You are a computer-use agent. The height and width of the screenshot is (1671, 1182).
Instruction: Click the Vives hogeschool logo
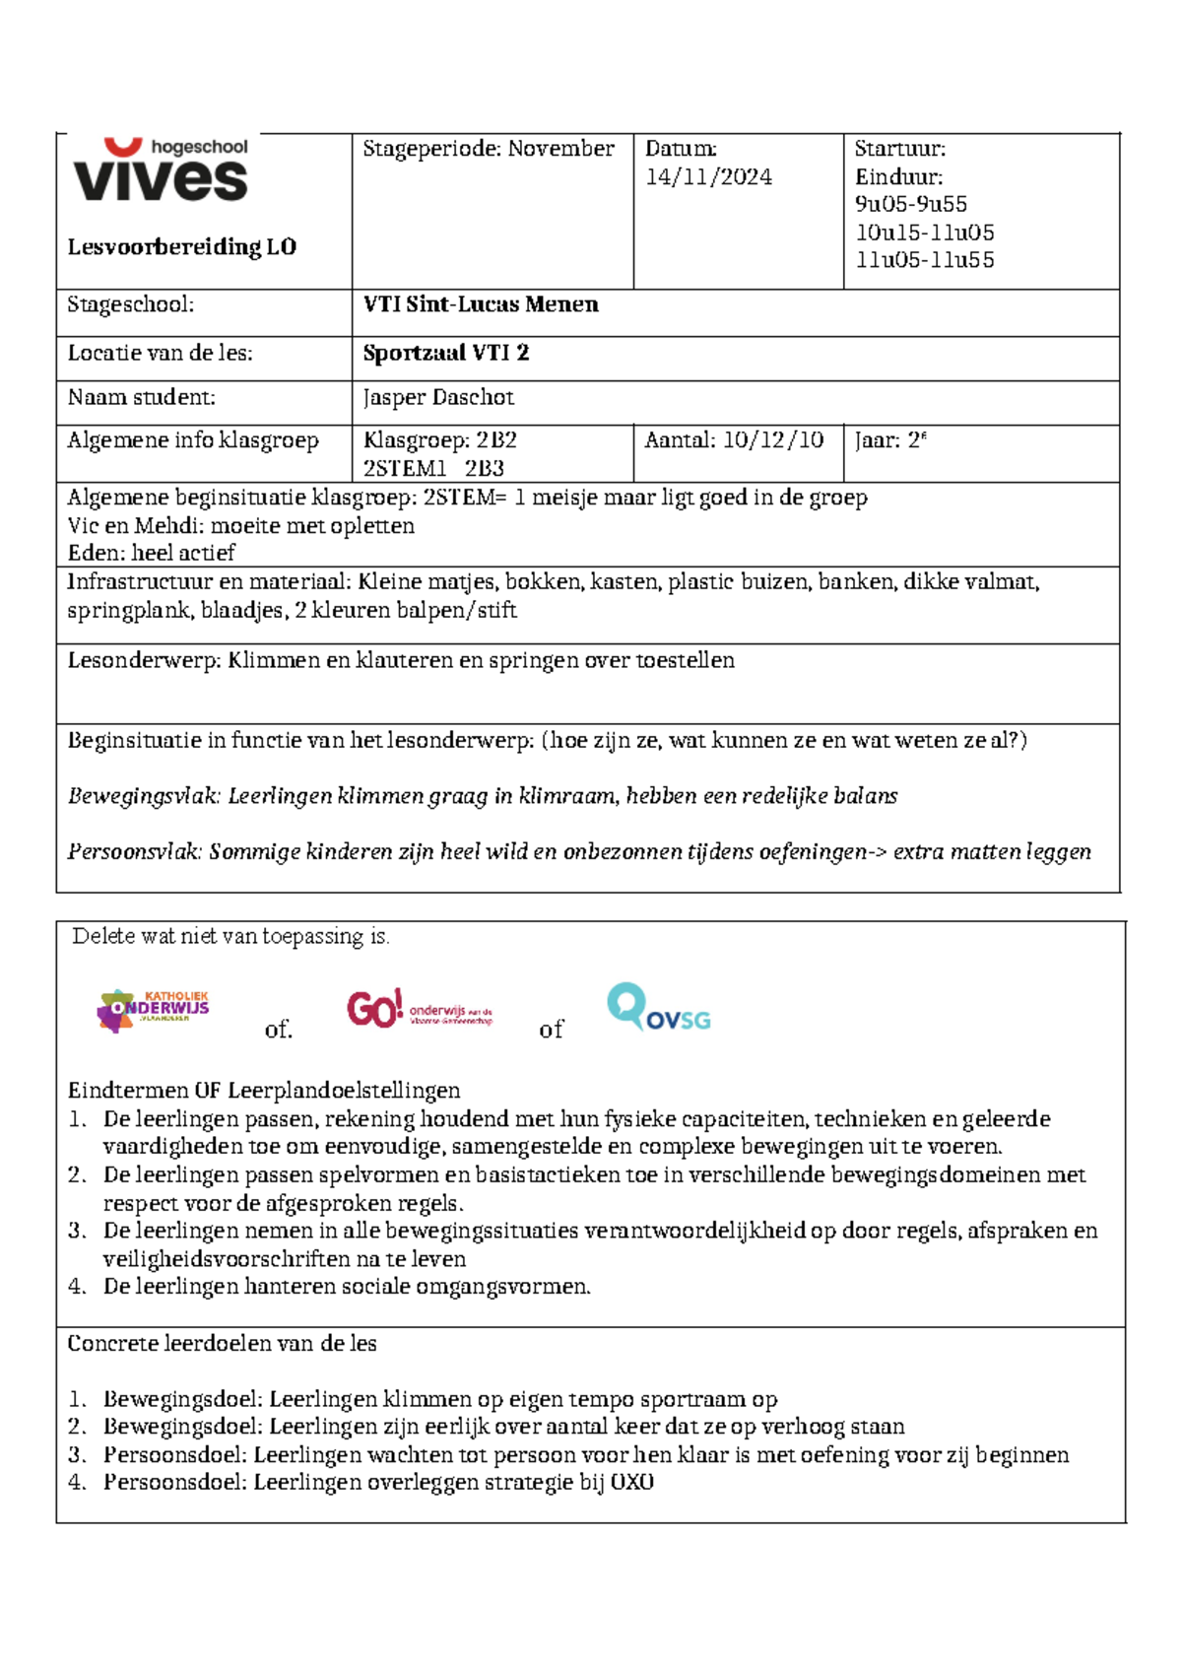161,170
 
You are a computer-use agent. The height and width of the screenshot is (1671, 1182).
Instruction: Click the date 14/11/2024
708,177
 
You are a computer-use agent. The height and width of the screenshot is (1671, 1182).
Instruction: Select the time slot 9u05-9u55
911,205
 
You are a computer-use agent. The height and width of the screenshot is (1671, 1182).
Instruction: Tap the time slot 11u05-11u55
925,261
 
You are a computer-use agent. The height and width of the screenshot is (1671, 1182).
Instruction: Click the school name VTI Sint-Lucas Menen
481,304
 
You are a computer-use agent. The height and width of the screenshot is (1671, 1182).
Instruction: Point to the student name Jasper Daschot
438,398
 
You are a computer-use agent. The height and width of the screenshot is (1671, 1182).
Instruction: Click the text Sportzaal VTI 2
445,354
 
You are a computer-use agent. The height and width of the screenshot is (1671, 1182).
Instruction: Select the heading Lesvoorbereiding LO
181,247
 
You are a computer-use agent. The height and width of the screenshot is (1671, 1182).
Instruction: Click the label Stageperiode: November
489,150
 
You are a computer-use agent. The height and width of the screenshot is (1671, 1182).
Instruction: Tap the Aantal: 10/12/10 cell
734,440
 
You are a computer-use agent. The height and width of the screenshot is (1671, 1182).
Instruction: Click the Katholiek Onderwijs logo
154,1010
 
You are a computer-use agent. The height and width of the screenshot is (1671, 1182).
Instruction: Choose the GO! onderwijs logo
419,1009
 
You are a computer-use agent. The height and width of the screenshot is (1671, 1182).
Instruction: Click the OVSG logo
658,1009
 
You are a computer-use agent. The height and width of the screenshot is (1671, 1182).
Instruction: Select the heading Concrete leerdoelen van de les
222,1344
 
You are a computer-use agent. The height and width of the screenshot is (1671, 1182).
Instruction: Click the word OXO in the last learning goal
631,1483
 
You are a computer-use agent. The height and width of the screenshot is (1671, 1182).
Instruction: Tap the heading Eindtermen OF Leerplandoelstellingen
264,1091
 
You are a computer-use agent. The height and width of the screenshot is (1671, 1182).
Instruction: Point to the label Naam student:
141,398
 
